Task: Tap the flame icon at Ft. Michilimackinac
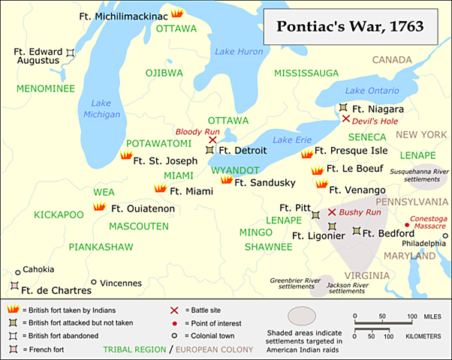176,13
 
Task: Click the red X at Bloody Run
212,139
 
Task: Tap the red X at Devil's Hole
345,118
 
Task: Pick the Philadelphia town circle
445,235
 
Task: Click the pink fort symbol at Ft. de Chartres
14,286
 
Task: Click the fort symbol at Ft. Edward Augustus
70,52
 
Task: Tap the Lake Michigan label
106,109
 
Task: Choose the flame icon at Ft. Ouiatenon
98,208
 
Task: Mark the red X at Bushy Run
331,213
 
